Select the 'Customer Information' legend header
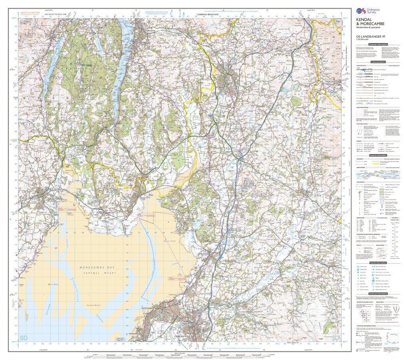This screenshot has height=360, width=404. [x=378, y=44]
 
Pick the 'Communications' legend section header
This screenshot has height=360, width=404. [x=378, y=62]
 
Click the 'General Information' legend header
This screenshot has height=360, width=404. [x=378, y=156]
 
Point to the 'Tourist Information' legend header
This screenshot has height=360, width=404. [x=378, y=263]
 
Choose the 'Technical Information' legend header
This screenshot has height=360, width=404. [x=378, y=293]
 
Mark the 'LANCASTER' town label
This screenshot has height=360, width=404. [x=182, y=337]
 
